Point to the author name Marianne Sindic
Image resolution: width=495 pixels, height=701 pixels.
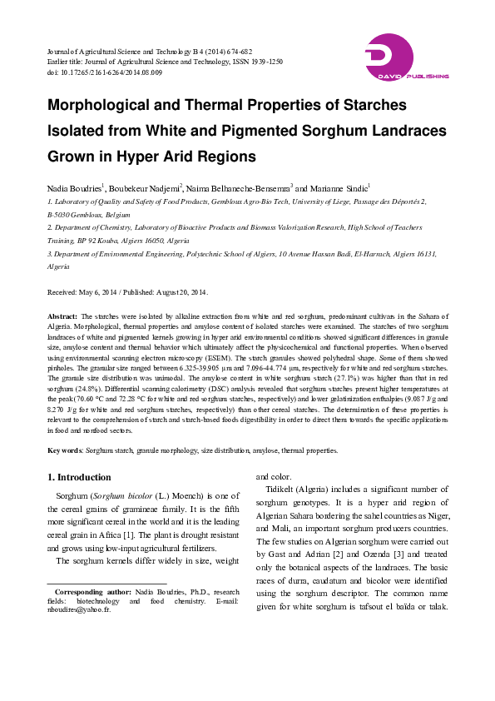[340, 189]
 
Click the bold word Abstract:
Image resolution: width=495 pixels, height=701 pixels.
[62, 317]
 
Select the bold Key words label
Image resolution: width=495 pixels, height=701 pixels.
[65, 450]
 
